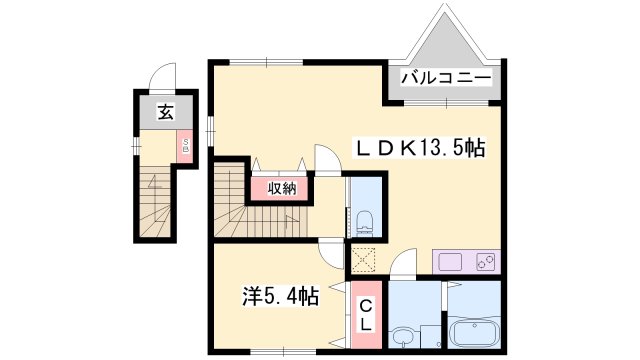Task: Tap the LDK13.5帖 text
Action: tap(421, 149)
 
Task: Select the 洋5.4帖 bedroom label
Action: tap(281, 296)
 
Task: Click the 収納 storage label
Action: tap(281, 188)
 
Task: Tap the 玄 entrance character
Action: tap(164, 113)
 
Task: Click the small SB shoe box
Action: tap(185, 148)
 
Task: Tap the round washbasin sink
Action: tap(404, 336)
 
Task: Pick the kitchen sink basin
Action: tap(449, 263)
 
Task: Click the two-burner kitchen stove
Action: tap(485, 263)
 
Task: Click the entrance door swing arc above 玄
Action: tap(162, 79)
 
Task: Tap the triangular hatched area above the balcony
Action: tap(445, 40)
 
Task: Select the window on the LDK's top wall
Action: tap(268, 63)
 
